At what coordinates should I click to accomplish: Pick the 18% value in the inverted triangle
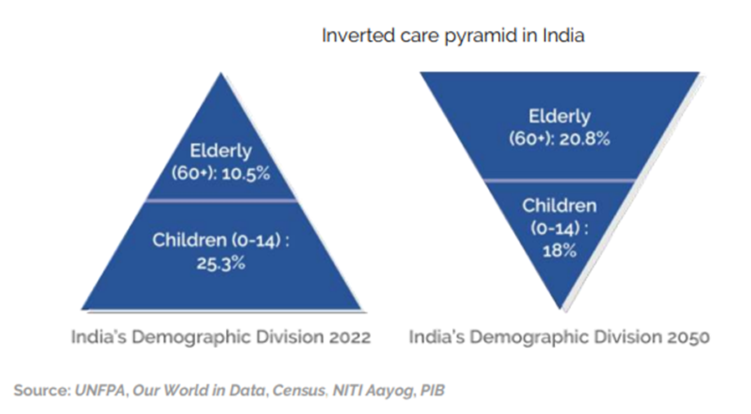click(559, 249)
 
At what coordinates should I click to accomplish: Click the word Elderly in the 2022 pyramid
click(221, 152)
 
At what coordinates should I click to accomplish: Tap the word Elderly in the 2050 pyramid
click(559, 116)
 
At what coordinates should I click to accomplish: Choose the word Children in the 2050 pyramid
click(559, 206)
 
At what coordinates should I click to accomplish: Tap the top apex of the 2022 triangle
click(221, 74)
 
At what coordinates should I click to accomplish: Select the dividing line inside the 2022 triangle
click(221, 201)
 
